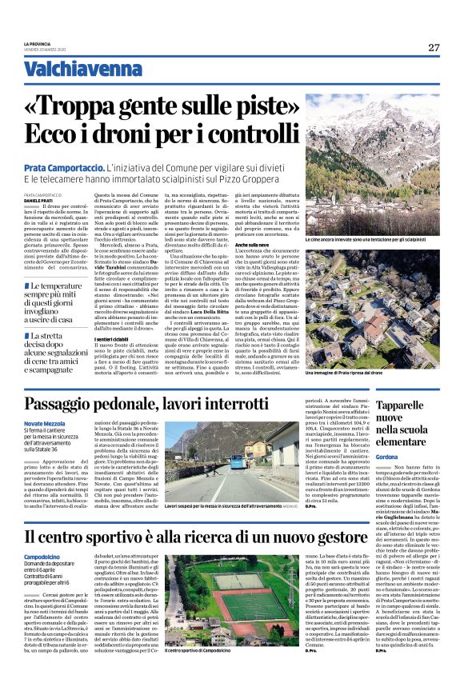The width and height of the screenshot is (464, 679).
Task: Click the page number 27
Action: pos(433,47)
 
